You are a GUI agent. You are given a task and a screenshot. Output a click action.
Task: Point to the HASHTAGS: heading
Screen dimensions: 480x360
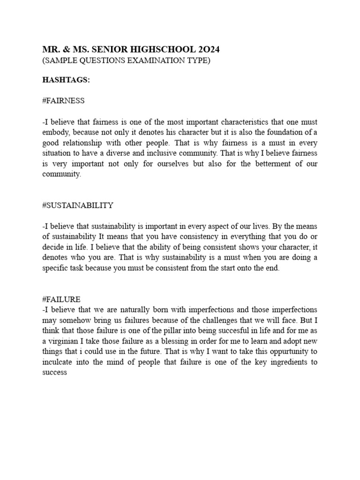click(x=66, y=81)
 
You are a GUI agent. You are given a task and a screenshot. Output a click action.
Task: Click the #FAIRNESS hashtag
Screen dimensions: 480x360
click(x=63, y=101)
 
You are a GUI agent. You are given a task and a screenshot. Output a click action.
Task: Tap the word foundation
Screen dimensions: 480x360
click(x=284, y=133)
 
